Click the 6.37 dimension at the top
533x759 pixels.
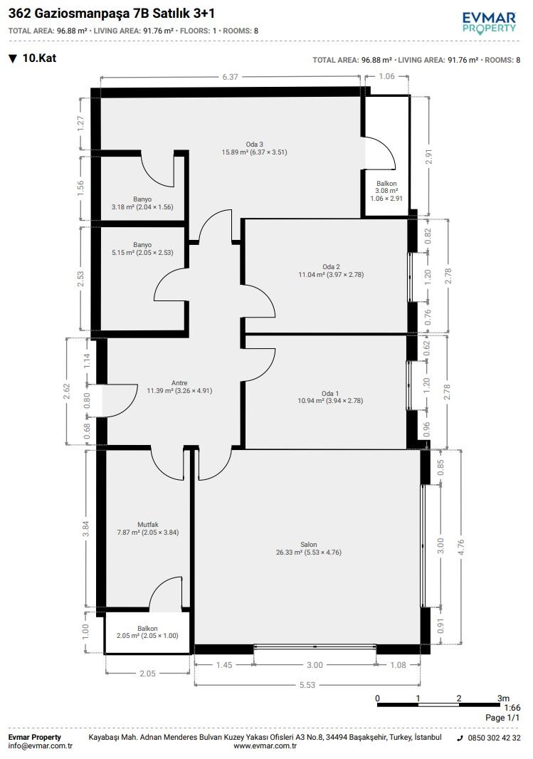coord(231,76)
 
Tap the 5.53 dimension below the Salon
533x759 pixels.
coord(307,685)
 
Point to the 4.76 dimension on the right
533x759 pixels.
coord(460,548)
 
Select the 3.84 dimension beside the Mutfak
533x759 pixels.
coord(86,528)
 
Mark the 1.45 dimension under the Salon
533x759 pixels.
coord(224,665)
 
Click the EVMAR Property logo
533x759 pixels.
coord(489,23)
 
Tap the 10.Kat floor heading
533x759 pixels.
coord(33,58)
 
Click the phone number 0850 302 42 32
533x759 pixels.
coord(495,738)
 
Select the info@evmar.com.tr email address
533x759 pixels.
coord(40,746)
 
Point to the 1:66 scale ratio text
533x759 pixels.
coord(512,708)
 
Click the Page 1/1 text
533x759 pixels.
coord(502,718)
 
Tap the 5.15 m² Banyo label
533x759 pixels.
coord(142,248)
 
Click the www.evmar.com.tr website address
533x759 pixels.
coord(265,746)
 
